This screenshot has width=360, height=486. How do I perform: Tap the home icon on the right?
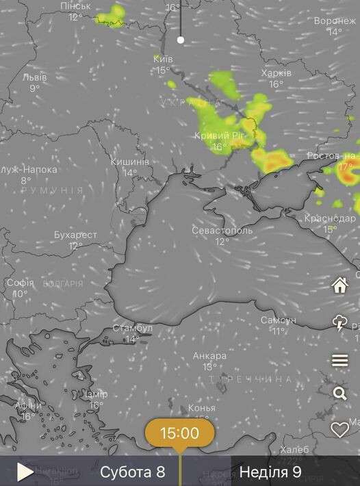[x=340, y=285]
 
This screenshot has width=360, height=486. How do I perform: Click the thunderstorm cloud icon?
[x=340, y=323]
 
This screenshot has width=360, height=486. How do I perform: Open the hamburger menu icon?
[x=340, y=360]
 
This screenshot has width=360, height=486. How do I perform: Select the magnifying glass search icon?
[x=340, y=393]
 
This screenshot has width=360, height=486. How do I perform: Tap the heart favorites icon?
[x=340, y=429]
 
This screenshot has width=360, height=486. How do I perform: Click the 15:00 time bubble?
[x=179, y=433]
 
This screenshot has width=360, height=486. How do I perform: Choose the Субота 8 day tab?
[x=132, y=472]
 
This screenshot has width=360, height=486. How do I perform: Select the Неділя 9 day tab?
[x=270, y=472]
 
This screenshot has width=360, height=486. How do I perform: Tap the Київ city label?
[x=163, y=60]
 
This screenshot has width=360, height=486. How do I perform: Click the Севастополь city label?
[x=222, y=231]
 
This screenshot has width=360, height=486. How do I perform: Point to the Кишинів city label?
[x=129, y=162]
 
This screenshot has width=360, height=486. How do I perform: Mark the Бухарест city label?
[x=75, y=235]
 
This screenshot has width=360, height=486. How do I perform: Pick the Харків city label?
[x=277, y=73]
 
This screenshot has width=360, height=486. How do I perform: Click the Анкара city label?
[x=209, y=356]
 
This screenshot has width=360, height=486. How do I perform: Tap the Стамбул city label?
[x=132, y=329]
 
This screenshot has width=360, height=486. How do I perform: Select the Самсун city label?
[x=278, y=320]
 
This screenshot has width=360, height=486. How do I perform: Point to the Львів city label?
[x=34, y=77]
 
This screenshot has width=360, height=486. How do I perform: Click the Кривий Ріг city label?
[x=219, y=136]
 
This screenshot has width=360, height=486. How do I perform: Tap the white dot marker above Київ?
[x=181, y=40]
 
